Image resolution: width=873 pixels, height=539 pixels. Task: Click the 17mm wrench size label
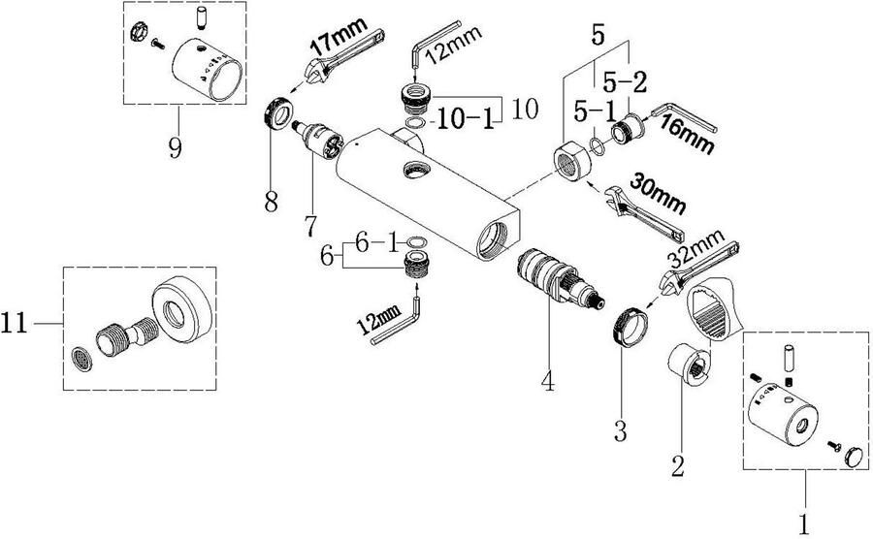coord(339,37)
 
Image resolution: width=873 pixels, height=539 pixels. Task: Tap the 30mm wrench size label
coord(658,194)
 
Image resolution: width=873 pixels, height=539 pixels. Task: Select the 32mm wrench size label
coord(695,247)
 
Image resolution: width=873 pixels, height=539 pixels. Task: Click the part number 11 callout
coord(14,323)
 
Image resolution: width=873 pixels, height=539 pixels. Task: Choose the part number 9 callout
coord(176,148)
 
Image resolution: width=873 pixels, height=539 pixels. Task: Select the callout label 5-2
coord(625,82)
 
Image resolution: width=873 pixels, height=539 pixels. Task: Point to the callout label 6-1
coord(377,243)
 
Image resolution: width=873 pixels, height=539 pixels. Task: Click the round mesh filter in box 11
coord(82,360)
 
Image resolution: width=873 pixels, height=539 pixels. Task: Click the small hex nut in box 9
coord(137,33)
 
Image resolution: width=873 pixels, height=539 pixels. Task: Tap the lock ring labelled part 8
coord(276,113)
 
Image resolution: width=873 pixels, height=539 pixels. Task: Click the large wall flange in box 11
coord(182,308)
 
